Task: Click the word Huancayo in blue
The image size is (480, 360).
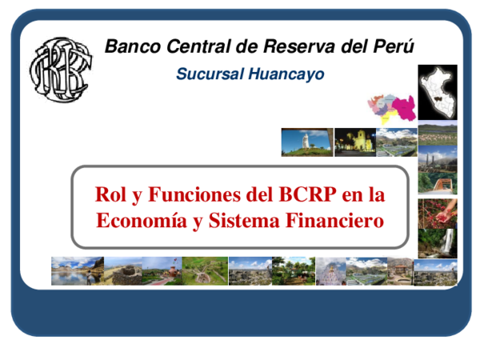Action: tap(285, 74)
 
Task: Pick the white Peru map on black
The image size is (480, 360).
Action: tap(438, 89)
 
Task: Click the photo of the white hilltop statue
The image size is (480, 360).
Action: tap(306, 142)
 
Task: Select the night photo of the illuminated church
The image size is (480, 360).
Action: tap(354, 142)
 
